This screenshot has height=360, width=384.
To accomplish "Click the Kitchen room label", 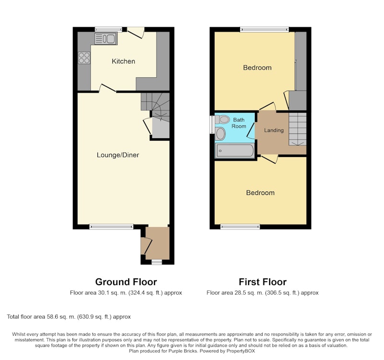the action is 123,61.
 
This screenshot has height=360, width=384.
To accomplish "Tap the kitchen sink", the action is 106,38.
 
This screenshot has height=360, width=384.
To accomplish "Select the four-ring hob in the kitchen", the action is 84,58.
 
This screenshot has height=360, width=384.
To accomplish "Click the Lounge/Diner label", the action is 118,155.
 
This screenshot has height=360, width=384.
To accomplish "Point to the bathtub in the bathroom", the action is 235,151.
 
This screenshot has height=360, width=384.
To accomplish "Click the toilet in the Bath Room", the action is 222,120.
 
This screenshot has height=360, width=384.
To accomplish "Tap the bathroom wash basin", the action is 220,134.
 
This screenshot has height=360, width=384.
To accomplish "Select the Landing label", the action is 274,130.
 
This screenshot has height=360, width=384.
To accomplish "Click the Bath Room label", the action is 239,123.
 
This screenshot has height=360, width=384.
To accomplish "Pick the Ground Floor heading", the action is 126,282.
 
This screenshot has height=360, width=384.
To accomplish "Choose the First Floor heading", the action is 263,282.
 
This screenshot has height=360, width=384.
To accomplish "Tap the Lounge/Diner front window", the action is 111,227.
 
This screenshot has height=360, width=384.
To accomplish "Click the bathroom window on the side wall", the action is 212,125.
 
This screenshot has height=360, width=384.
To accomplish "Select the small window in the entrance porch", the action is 157,262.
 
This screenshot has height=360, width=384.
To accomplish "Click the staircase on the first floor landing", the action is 297,129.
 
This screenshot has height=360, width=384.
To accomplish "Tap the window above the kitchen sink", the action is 108,29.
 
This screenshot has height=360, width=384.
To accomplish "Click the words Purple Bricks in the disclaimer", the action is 183,351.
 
